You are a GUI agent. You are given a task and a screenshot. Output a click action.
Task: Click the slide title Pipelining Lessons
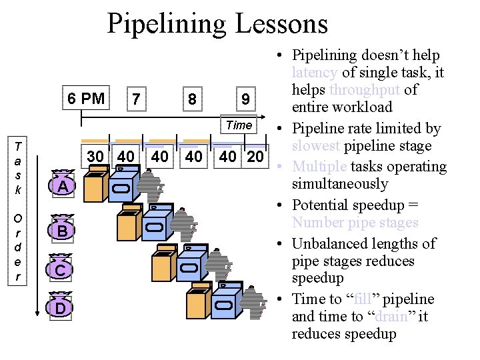coord(217,24)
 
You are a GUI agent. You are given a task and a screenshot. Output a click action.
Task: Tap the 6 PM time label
coord(86,99)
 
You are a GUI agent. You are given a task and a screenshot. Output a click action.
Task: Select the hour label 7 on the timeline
coord(136,99)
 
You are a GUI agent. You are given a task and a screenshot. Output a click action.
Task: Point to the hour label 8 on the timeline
coord(192,99)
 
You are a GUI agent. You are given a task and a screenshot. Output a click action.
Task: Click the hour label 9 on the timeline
coord(245,99)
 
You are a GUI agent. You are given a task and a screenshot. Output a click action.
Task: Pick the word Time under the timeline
coord(239,125)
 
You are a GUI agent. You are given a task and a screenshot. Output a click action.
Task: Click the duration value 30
coord(96,157)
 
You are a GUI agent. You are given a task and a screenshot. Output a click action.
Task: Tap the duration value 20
coord(255,157)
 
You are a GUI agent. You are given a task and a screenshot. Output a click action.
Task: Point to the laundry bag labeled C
coord(61,270)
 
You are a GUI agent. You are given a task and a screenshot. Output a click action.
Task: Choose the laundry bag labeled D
coord(61,308)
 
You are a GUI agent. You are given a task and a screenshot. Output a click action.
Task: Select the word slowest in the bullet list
coord(315,146)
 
